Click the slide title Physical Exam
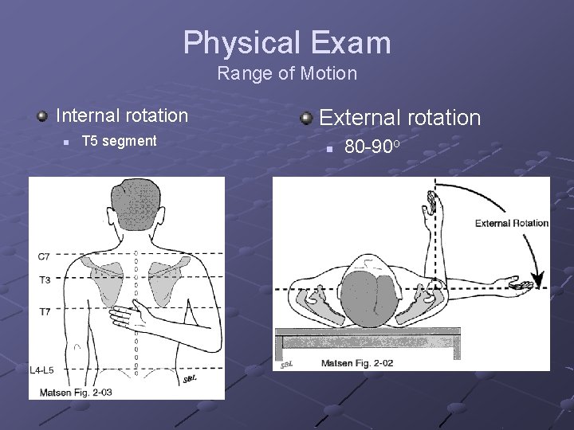click(287, 42)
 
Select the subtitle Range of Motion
click(287, 74)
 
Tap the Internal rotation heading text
click(122, 115)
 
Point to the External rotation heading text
click(399, 118)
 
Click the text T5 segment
click(120, 141)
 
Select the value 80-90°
click(371, 147)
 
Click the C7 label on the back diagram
click(45, 256)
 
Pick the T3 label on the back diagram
click(45, 280)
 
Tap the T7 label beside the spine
click(45, 311)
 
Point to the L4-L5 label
click(41, 370)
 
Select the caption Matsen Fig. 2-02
click(356, 364)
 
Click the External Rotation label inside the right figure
click(511, 223)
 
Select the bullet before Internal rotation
click(41, 116)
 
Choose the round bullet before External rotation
click(306, 119)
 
